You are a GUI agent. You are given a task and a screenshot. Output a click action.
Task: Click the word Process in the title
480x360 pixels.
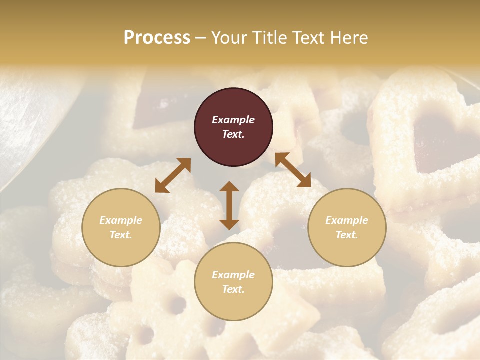click(157, 38)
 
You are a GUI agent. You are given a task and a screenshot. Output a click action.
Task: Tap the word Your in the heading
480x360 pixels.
click(229, 38)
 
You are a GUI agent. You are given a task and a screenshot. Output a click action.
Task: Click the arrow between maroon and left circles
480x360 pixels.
click(173, 175)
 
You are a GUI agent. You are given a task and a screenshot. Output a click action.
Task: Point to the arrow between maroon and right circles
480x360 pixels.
click(293, 170)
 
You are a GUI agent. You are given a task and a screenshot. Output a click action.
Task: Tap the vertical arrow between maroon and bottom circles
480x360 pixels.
click(229, 205)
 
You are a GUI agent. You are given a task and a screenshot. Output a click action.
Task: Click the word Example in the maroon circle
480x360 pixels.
click(233, 120)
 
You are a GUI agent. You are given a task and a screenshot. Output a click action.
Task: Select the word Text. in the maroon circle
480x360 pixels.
click(233, 134)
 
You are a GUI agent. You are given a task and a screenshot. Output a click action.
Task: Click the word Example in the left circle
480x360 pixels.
click(121, 220)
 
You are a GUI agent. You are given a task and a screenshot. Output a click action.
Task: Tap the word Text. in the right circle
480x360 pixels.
click(347, 235)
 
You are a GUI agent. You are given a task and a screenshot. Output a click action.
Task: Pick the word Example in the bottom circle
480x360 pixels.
click(233, 275)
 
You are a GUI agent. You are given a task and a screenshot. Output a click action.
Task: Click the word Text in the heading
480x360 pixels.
click(304, 38)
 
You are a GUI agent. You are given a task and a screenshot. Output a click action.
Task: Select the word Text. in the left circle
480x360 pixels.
click(121, 235)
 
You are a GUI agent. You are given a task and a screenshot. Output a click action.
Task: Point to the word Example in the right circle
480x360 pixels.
click(347, 220)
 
